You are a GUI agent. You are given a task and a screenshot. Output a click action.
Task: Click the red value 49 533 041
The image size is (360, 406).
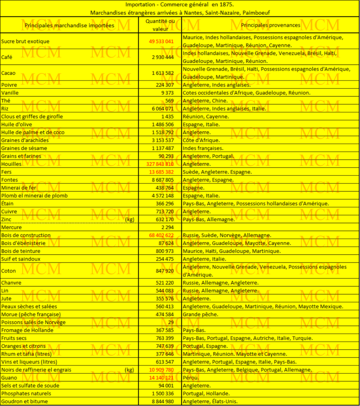[161, 41]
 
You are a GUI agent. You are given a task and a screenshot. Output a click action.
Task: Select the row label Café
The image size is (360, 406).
[7, 57]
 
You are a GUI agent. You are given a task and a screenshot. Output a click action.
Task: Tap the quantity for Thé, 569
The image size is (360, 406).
[169, 101]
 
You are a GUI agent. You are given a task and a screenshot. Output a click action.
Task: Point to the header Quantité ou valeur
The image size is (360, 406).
[160, 25]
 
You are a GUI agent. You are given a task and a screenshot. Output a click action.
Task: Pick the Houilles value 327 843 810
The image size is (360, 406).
[160, 164]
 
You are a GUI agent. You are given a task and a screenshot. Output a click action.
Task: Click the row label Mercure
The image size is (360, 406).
[11, 227]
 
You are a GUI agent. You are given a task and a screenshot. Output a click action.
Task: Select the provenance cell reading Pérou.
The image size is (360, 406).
[191, 378]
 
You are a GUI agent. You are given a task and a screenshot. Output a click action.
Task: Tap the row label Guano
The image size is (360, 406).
[9, 378]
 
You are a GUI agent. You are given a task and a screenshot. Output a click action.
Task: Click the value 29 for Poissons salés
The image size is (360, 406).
[171, 322]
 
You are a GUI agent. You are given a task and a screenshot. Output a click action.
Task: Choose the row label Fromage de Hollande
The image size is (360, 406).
[27, 330]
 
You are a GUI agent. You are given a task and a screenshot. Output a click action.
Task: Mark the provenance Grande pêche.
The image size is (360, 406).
[200, 314]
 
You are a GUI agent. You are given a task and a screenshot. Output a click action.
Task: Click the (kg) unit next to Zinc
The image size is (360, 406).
[129, 219]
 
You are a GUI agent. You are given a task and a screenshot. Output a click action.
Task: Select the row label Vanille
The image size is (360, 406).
[10, 93]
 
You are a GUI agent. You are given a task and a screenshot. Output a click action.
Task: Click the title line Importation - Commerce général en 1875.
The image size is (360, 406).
[179, 5]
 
